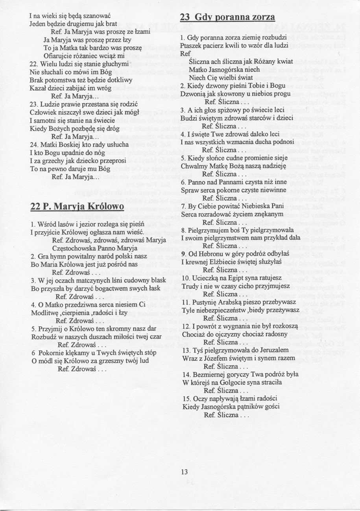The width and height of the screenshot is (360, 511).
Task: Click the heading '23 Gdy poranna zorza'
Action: (227, 18)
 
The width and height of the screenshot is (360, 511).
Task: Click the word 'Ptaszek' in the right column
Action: (190, 45)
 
